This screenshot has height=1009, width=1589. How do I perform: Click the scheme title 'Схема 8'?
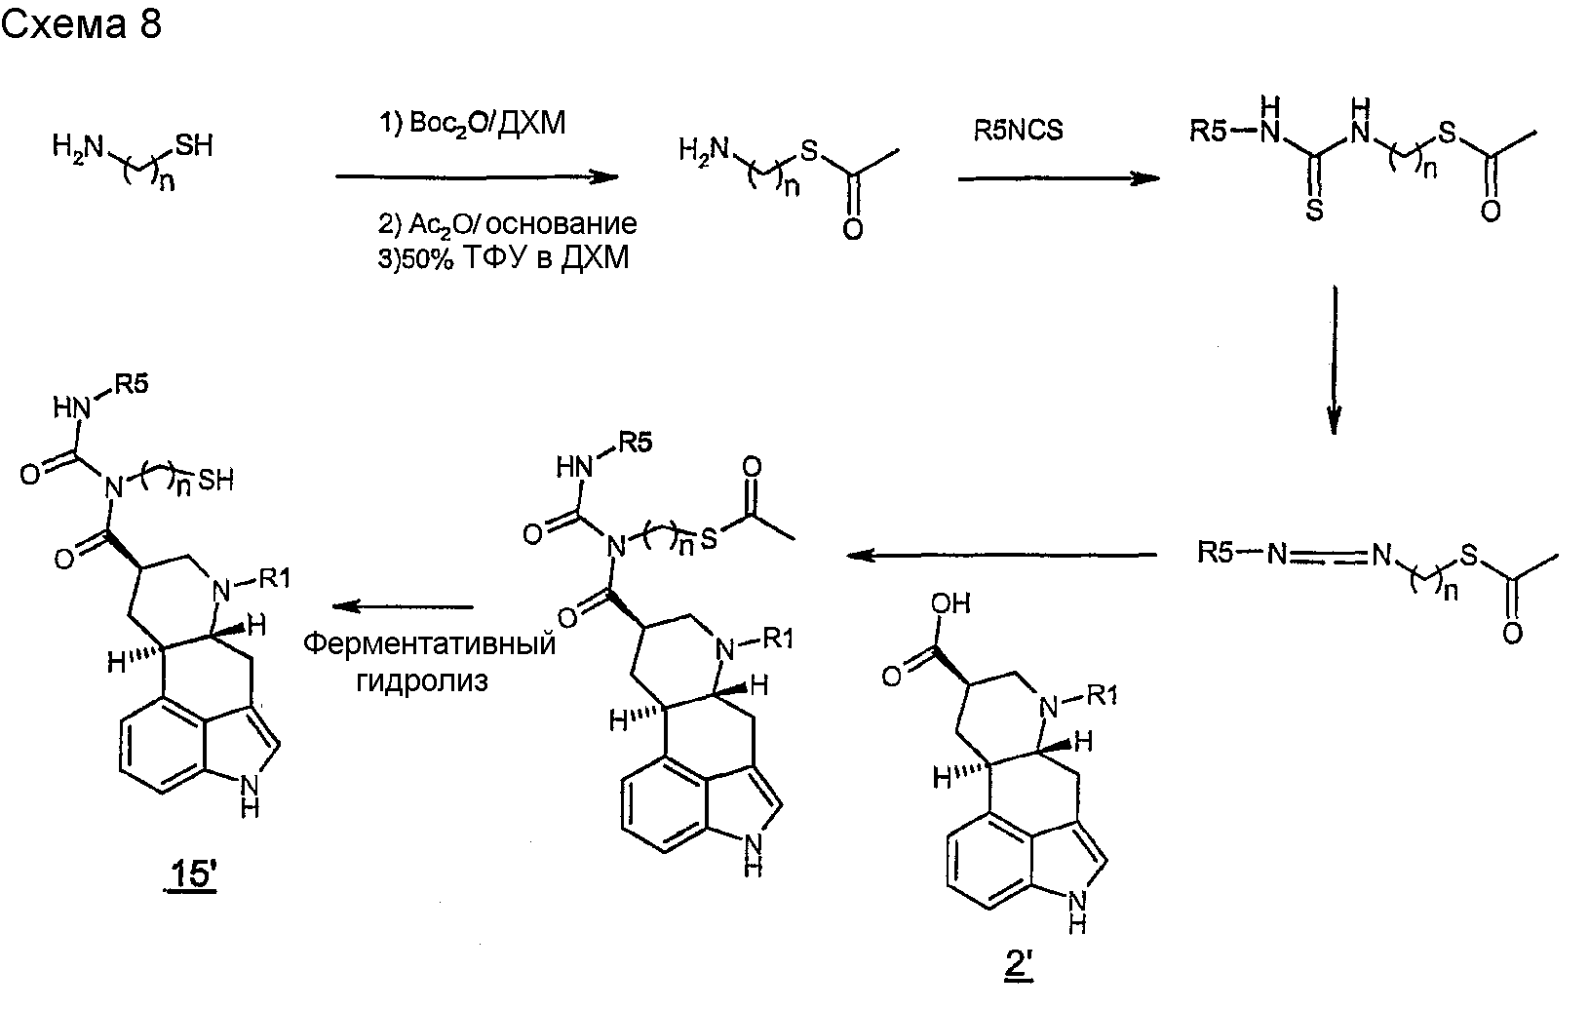pyautogui.click(x=82, y=23)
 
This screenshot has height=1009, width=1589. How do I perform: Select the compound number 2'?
pyautogui.click(x=1020, y=965)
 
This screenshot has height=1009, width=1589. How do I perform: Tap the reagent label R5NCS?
pyautogui.click(x=1018, y=130)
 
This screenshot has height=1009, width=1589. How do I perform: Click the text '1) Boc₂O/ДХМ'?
pyautogui.click(x=473, y=124)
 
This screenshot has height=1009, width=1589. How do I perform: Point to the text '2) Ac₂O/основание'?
pyautogui.click(x=507, y=224)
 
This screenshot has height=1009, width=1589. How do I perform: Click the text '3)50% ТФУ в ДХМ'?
pyautogui.click(x=503, y=258)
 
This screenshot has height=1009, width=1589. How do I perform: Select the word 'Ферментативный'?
pyautogui.click(x=429, y=643)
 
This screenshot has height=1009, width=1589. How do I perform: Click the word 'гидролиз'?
pyautogui.click(x=422, y=681)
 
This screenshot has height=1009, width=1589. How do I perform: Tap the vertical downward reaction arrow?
pyautogui.click(x=1335, y=360)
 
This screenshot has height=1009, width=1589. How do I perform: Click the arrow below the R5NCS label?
pyautogui.click(x=1059, y=179)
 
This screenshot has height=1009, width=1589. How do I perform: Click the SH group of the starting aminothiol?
pyautogui.click(x=194, y=145)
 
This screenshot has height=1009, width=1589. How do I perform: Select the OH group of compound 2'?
pyautogui.click(x=951, y=603)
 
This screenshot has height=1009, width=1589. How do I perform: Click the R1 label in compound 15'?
pyautogui.click(x=275, y=579)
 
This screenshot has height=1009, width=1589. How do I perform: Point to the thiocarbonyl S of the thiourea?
pyautogui.click(x=1314, y=211)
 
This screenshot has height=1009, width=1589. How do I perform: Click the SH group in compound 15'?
pyautogui.click(x=215, y=481)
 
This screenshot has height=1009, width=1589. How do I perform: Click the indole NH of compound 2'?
pyautogui.click(x=1077, y=912)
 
